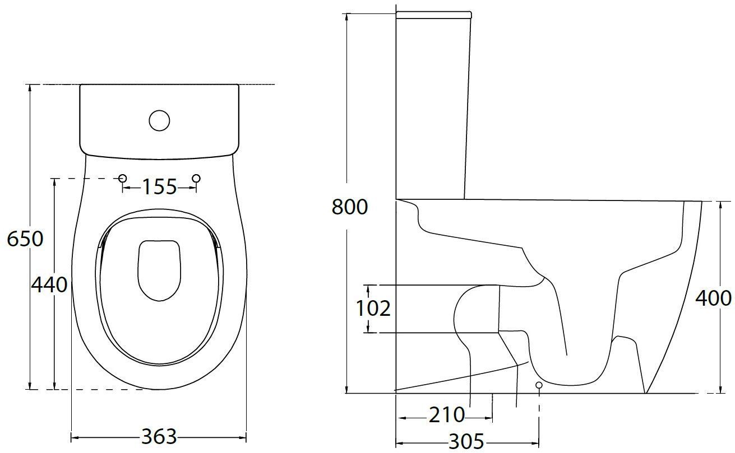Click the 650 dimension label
pos(25,239)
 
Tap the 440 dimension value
pos(49,284)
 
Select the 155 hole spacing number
pos(159,187)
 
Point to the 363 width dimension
pos(159,437)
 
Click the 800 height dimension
pos(350,207)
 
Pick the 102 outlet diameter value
pos(373,308)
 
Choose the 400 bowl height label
pos(713,298)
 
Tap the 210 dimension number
pos(447,415)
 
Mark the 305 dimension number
pos(466,441)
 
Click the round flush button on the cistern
pos(159,120)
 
